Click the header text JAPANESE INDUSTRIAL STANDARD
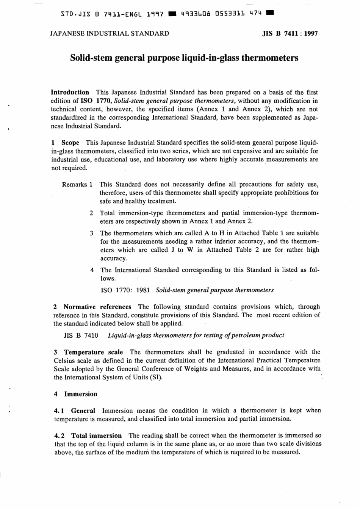click(x=110, y=33)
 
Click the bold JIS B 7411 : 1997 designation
click(x=290, y=33)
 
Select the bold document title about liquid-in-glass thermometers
click(x=185, y=58)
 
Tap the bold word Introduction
click(x=70, y=92)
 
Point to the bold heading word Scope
click(x=70, y=143)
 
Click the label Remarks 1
click(x=77, y=185)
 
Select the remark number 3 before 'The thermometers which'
click(x=92, y=233)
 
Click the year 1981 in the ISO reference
click(x=142, y=290)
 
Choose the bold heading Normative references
click(x=97, y=307)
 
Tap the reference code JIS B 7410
click(x=81, y=335)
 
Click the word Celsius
click(x=64, y=360)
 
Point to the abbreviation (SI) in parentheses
click(x=157, y=377)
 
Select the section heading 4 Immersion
click(x=76, y=394)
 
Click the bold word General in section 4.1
click(x=83, y=410)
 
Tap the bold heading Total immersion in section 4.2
click(x=97, y=435)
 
